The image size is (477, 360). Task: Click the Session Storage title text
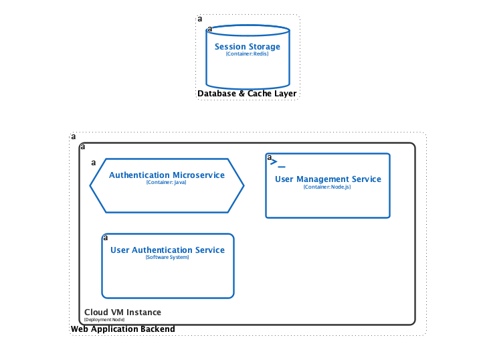point(248,47)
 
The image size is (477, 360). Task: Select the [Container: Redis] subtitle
point(248,54)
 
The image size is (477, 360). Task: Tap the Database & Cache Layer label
point(247,94)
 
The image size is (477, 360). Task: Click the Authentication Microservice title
point(167,175)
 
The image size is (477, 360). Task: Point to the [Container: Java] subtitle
point(167,183)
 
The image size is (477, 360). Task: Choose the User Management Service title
point(328,179)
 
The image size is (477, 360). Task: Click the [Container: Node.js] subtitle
point(327,187)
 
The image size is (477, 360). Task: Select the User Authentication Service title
point(167,250)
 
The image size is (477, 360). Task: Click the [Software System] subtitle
point(167,258)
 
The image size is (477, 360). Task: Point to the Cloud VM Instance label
point(122,312)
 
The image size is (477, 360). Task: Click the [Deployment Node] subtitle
point(104,320)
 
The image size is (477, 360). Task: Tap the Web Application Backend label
point(123,329)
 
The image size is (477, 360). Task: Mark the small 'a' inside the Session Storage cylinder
point(209,29)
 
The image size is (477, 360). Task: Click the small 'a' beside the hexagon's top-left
point(94,163)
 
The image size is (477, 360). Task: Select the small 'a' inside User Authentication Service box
point(105,238)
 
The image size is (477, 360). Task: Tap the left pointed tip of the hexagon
point(91,186)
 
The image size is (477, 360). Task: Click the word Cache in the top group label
point(260,94)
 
